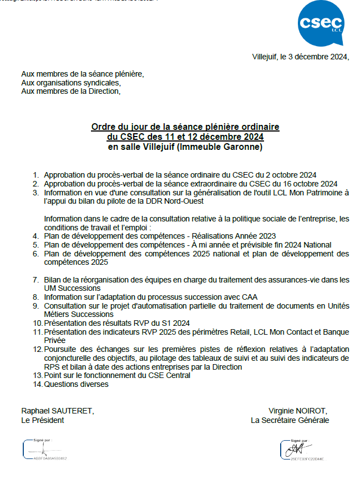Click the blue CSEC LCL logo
321,23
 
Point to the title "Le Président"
42,420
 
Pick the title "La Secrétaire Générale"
290,420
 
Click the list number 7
36,280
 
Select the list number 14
38,384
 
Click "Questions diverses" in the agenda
76,384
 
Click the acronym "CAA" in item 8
249,296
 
